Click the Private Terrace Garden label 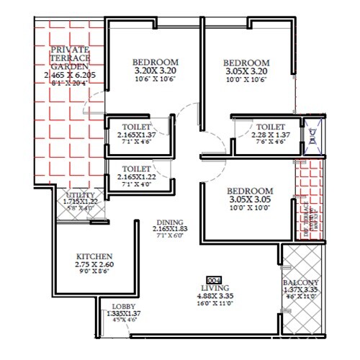point(70,57)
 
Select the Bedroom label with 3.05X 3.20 point(246,62)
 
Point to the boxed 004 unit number point(212,278)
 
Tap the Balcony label point(298,283)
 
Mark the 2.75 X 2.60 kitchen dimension point(94,264)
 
